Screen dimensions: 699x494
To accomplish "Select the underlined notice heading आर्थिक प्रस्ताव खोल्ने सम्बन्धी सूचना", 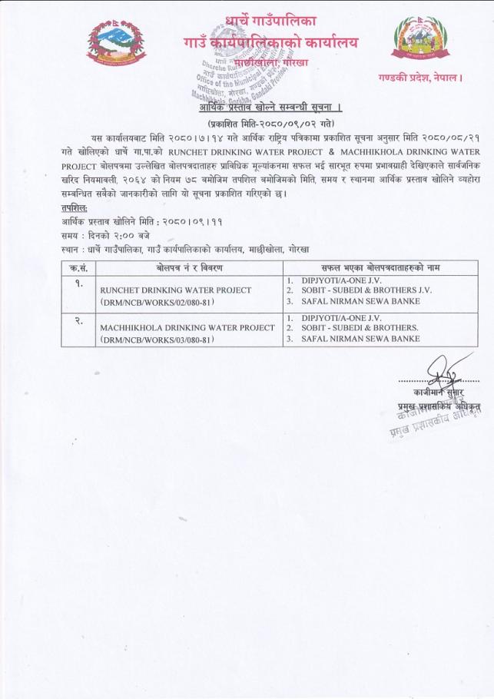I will [265, 106].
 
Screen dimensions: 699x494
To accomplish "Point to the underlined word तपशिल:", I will [75, 207].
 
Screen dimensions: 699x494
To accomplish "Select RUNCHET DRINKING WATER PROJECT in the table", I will [176, 290].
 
